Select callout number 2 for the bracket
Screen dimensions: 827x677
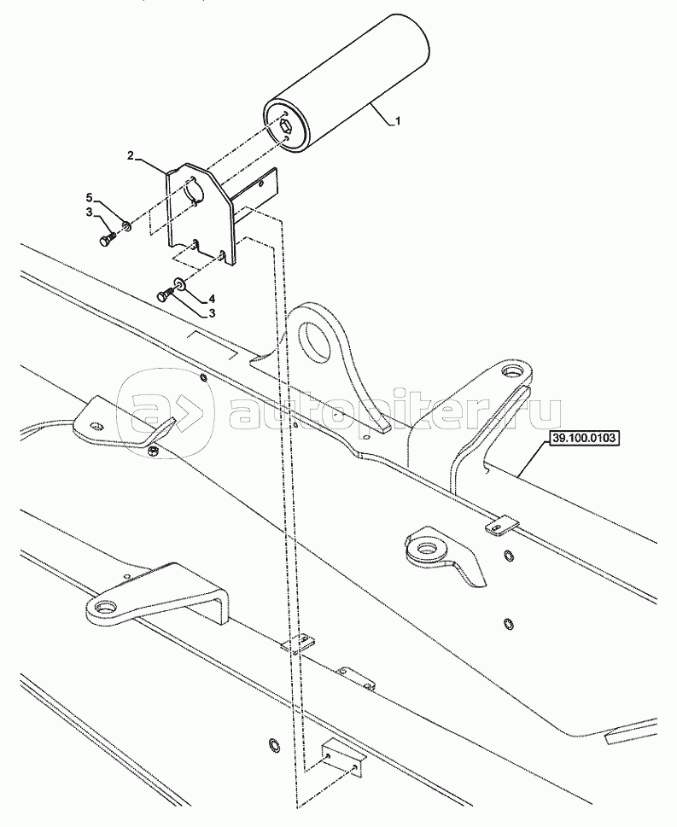[131, 156]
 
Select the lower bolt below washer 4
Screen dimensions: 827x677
[164, 295]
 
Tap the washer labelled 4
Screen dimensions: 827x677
[180, 284]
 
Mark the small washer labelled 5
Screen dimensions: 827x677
[126, 226]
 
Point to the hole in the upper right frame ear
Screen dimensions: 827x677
[512, 372]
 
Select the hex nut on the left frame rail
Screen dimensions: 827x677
[153, 450]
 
